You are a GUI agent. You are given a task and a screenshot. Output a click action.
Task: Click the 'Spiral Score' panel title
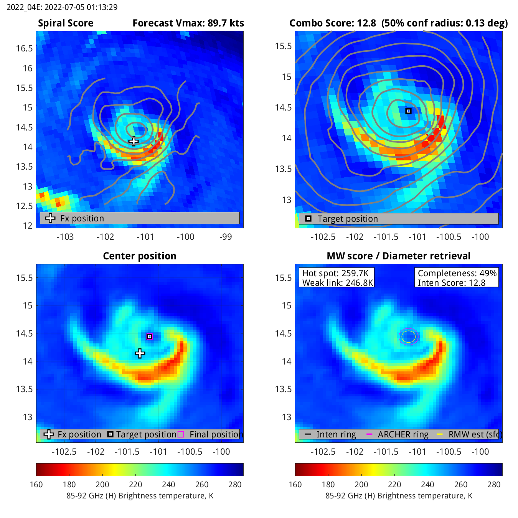(66, 23)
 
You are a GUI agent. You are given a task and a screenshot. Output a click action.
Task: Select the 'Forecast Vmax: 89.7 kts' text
(188, 23)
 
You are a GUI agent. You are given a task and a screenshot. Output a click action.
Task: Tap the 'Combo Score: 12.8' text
(333, 23)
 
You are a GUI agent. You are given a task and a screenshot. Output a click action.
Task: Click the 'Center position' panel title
(140, 256)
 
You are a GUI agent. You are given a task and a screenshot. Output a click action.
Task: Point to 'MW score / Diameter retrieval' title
(399, 256)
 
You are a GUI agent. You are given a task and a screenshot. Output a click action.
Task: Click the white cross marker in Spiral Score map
(134, 141)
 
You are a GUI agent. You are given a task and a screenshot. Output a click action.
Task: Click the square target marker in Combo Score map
(409, 111)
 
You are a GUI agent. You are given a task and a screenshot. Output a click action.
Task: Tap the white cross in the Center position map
(140, 353)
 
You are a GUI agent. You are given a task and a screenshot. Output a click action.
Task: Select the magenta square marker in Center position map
(150, 337)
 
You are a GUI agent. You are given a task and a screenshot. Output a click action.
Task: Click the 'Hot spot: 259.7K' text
(335, 273)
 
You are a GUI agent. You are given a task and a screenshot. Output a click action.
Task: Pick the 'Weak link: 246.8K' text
(338, 283)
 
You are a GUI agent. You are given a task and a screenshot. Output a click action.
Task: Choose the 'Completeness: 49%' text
(457, 273)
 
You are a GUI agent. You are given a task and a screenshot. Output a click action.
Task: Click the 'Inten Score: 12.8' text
(452, 283)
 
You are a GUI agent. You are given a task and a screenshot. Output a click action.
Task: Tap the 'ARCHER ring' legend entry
(403, 434)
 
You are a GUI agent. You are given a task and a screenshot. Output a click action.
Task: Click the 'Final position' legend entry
(216, 434)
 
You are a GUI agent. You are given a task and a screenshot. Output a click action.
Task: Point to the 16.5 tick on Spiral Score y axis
(24, 48)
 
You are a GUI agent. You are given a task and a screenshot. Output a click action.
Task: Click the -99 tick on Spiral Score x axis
(226, 237)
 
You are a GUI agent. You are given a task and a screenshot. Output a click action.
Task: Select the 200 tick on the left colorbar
(102, 485)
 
